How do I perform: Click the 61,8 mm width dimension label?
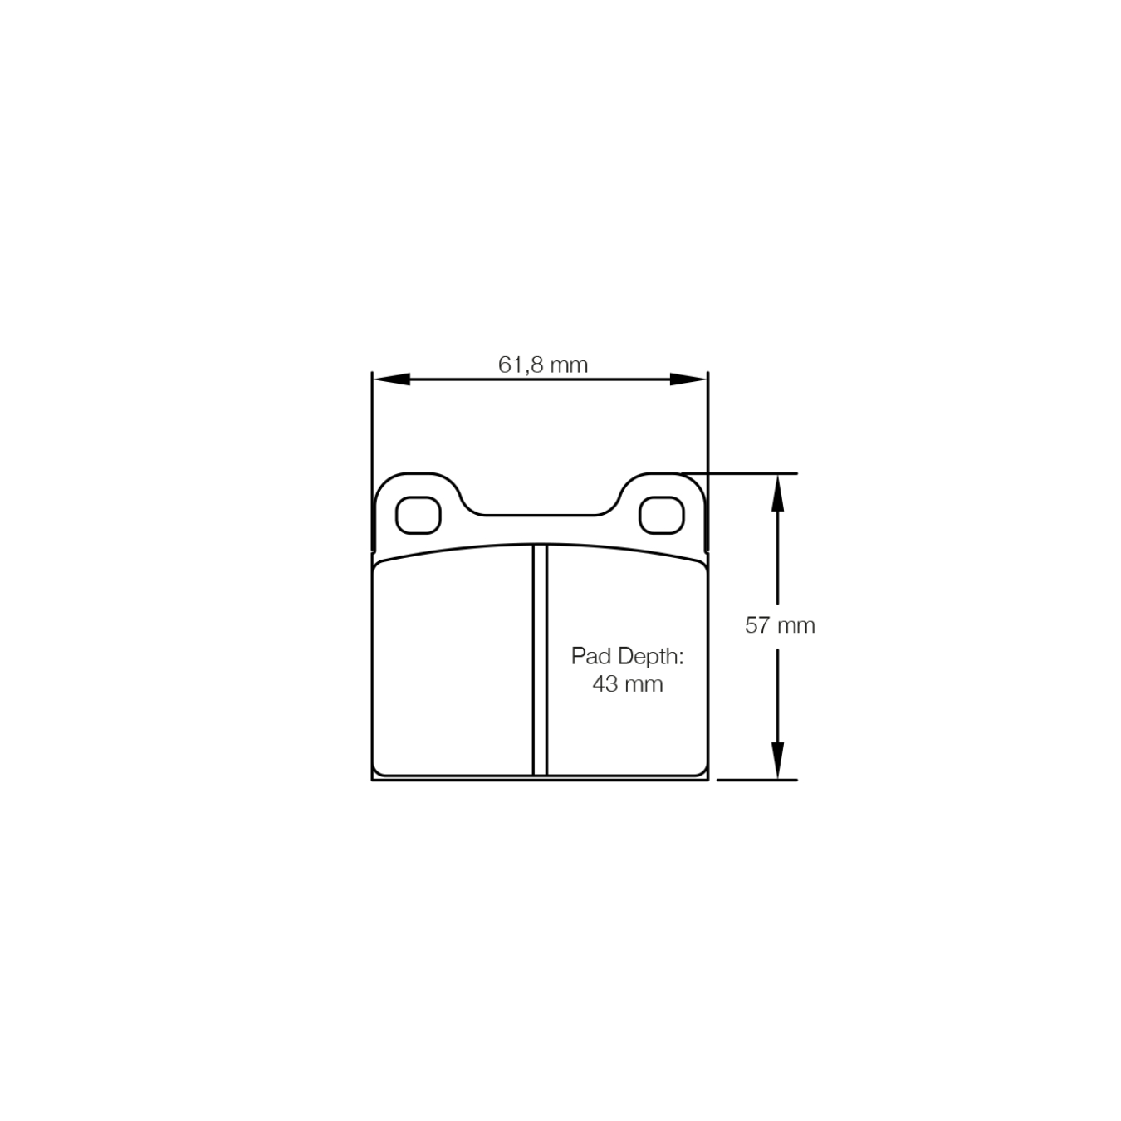point(543,365)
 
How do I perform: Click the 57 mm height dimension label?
point(780,624)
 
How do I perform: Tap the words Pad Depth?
point(627,656)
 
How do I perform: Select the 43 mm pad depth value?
point(627,684)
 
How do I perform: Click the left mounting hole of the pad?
point(418,516)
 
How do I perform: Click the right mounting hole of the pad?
point(661,516)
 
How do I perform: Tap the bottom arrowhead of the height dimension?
point(777,760)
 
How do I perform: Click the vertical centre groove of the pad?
point(540,660)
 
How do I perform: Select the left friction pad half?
point(453,664)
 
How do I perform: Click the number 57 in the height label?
point(757,624)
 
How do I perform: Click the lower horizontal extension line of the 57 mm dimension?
point(756,780)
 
